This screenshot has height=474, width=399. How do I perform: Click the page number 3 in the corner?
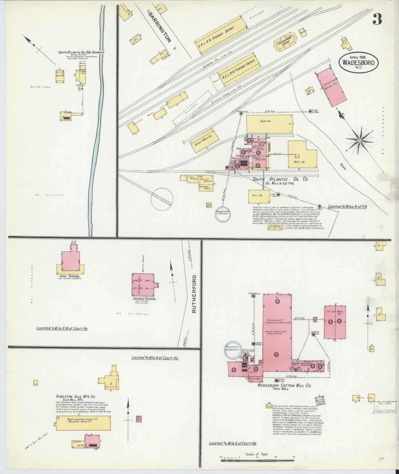(x=377, y=20)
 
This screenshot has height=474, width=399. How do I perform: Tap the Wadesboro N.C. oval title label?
(x=359, y=63)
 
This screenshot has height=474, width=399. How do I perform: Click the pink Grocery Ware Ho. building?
(x=331, y=87)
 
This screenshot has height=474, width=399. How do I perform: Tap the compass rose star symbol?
(x=360, y=140)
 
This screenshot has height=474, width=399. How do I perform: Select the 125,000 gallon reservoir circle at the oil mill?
(x=223, y=214)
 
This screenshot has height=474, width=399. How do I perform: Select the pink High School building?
(x=70, y=261)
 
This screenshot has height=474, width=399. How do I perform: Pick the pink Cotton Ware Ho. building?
(x=335, y=322)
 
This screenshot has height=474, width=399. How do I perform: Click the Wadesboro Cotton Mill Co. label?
(x=284, y=385)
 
